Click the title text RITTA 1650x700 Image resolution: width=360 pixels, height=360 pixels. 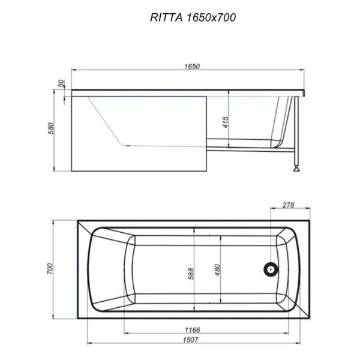(192, 17)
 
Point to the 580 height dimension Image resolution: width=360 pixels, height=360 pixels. (52, 128)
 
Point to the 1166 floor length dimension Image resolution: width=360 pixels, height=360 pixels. (192, 330)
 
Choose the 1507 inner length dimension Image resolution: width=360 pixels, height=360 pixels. (192, 341)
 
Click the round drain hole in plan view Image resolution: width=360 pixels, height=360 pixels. (271, 270)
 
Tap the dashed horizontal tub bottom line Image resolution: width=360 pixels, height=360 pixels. (162, 145)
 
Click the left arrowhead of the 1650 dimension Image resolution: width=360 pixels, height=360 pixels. (74, 72)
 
